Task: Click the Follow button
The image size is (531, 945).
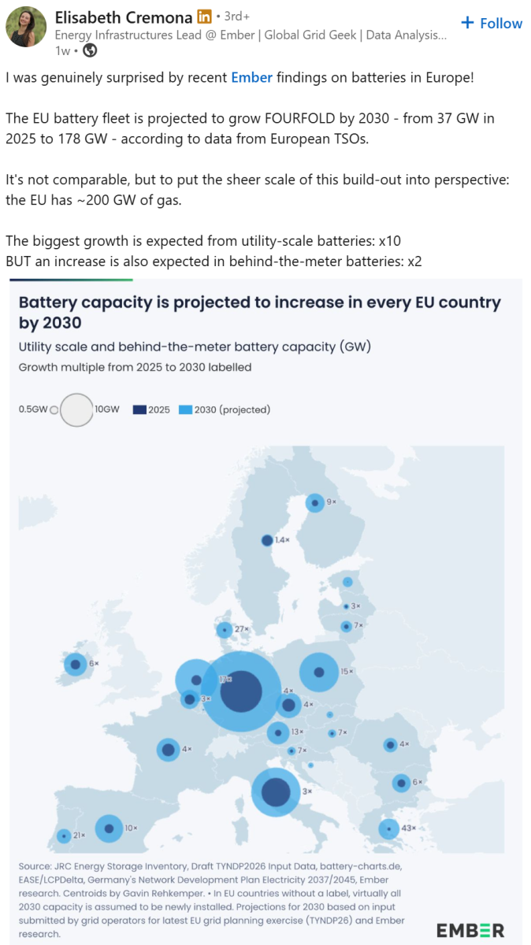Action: pyautogui.click(x=492, y=23)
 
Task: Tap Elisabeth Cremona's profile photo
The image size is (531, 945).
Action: pyautogui.click(x=26, y=27)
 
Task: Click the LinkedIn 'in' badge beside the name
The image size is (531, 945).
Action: pyautogui.click(x=205, y=17)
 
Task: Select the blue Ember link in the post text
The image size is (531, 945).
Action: pyautogui.click(x=251, y=78)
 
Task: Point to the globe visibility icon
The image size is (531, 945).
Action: pyautogui.click(x=90, y=50)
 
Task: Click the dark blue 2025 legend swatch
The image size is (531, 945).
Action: pyautogui.click(x=139, y=409)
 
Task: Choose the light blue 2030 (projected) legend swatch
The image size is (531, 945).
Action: pyautogui.click(x=185, y=409)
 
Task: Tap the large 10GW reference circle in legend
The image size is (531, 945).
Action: pyautogui.click(x=76, y=409)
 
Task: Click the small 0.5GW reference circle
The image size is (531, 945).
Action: pyautogui.click(x=54, y=410)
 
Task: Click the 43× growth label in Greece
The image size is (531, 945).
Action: pyautogui.click(x=408, y=828)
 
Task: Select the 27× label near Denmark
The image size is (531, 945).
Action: pyautogui.click(x=242, y=629)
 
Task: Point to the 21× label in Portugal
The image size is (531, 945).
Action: pyautogui.click(x=80, y=835)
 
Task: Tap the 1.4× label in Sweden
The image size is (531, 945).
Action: pyautogui.click(x=282, y=540)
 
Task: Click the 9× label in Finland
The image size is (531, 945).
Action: pyautogui.click(x=332, y=502)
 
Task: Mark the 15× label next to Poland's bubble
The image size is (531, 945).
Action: pyautogui.click(x=347, y=671)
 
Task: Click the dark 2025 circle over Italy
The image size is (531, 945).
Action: pyautogui.click(x=276, y=792)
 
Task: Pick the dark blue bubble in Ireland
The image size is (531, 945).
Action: pyautogui.click(x=76, y=665)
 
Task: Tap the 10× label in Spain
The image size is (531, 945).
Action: pyautogui.click(x=131, y=828)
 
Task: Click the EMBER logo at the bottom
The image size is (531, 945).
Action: pyautogui.click(x=470, y=930)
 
